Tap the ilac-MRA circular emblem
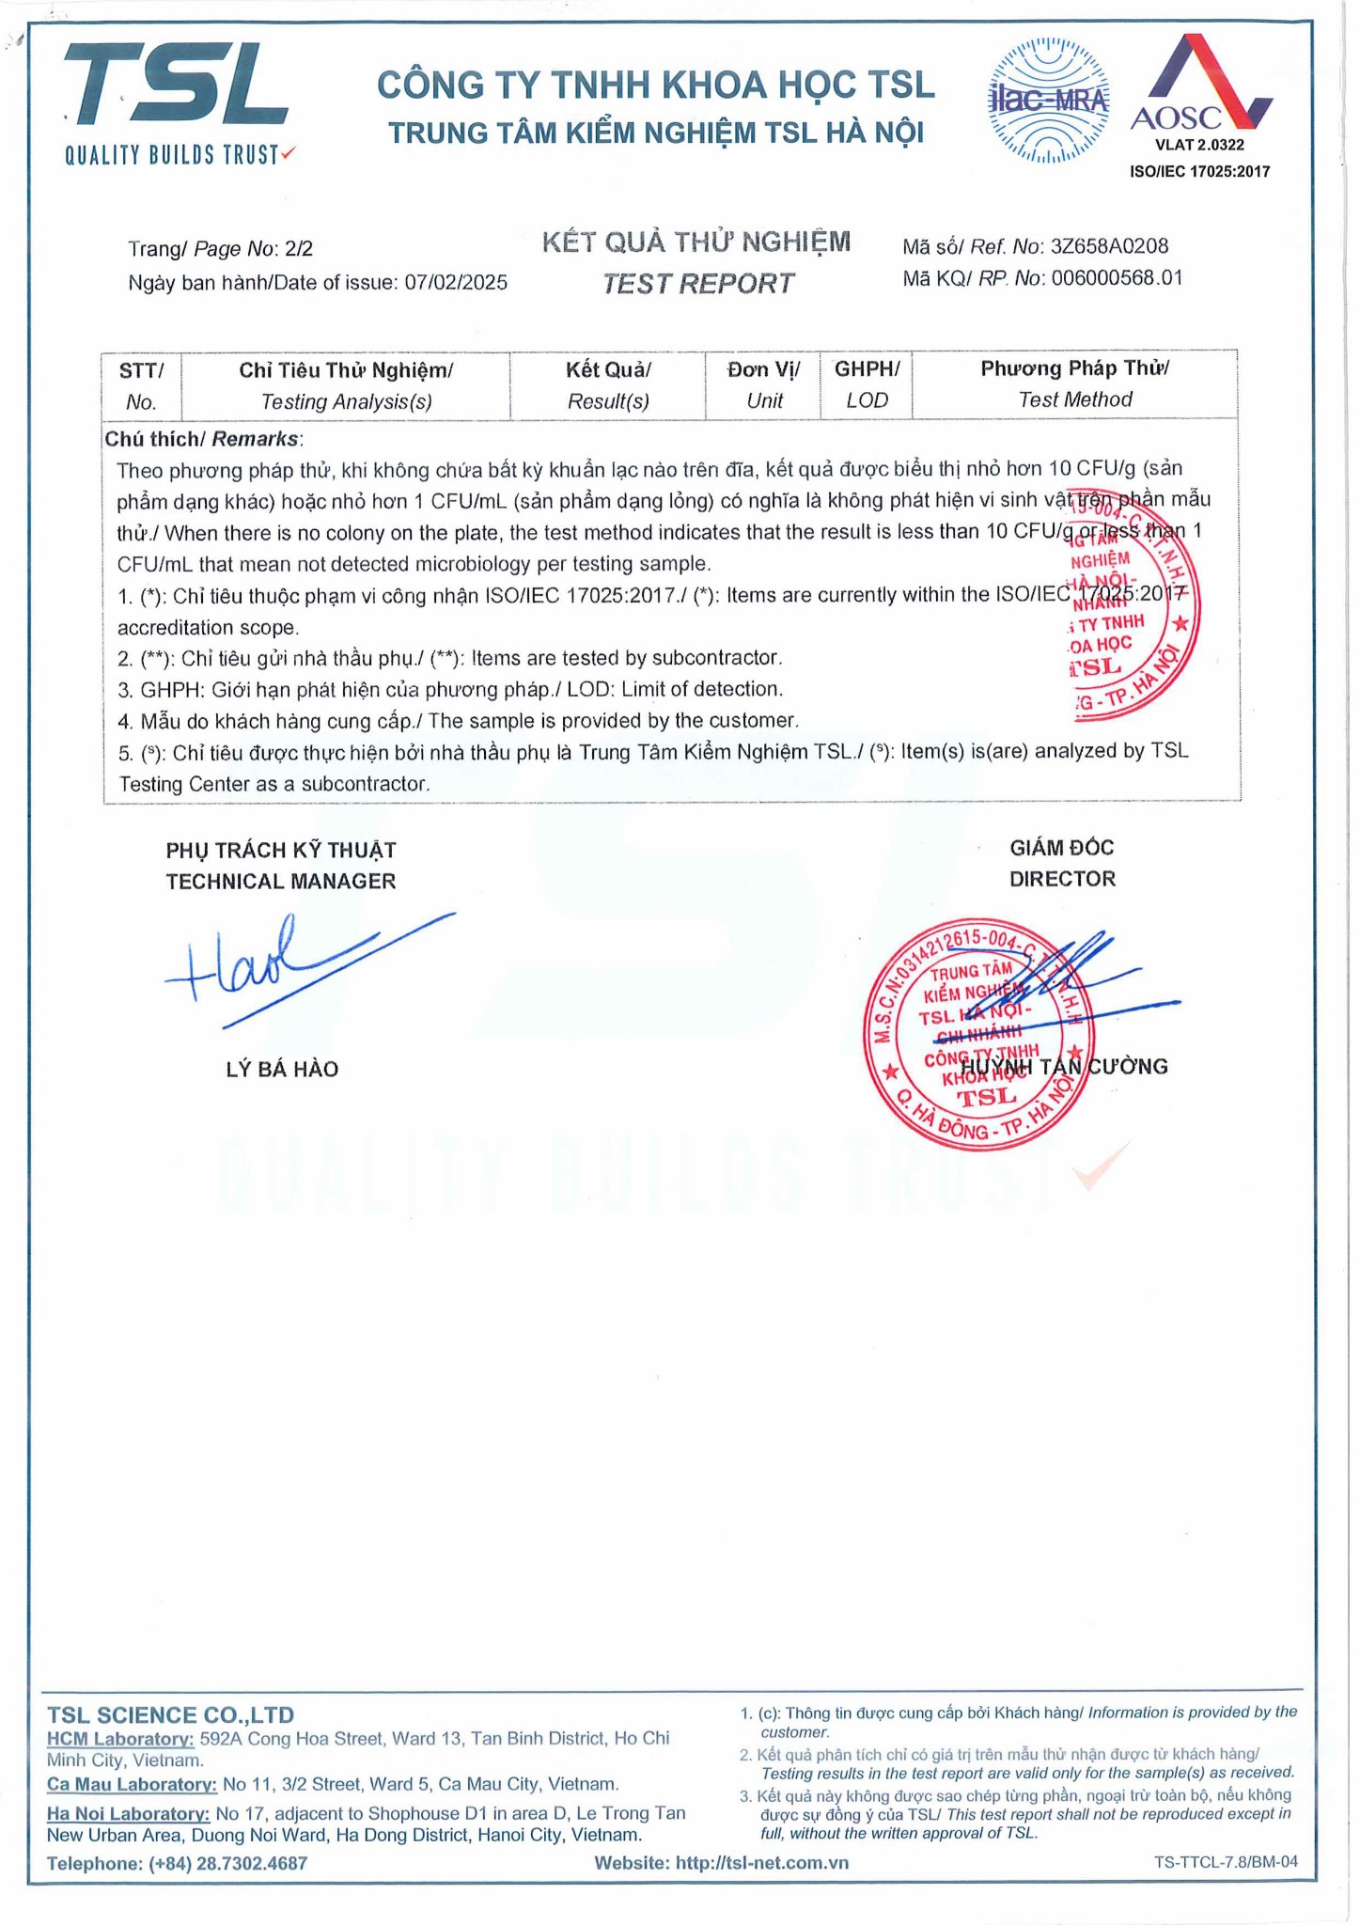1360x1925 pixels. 1048,101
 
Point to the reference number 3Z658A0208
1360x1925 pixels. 1109,247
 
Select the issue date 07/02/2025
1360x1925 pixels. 456,283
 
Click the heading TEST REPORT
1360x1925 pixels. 697,284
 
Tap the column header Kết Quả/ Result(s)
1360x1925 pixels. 608,385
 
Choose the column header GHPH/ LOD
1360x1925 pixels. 867,384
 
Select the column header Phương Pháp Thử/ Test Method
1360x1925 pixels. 1075,383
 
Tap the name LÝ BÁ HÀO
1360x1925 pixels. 282,1069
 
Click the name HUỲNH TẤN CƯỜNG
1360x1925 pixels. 1064,1067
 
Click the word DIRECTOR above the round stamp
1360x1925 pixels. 1062,879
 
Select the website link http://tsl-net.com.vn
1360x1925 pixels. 761,1863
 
